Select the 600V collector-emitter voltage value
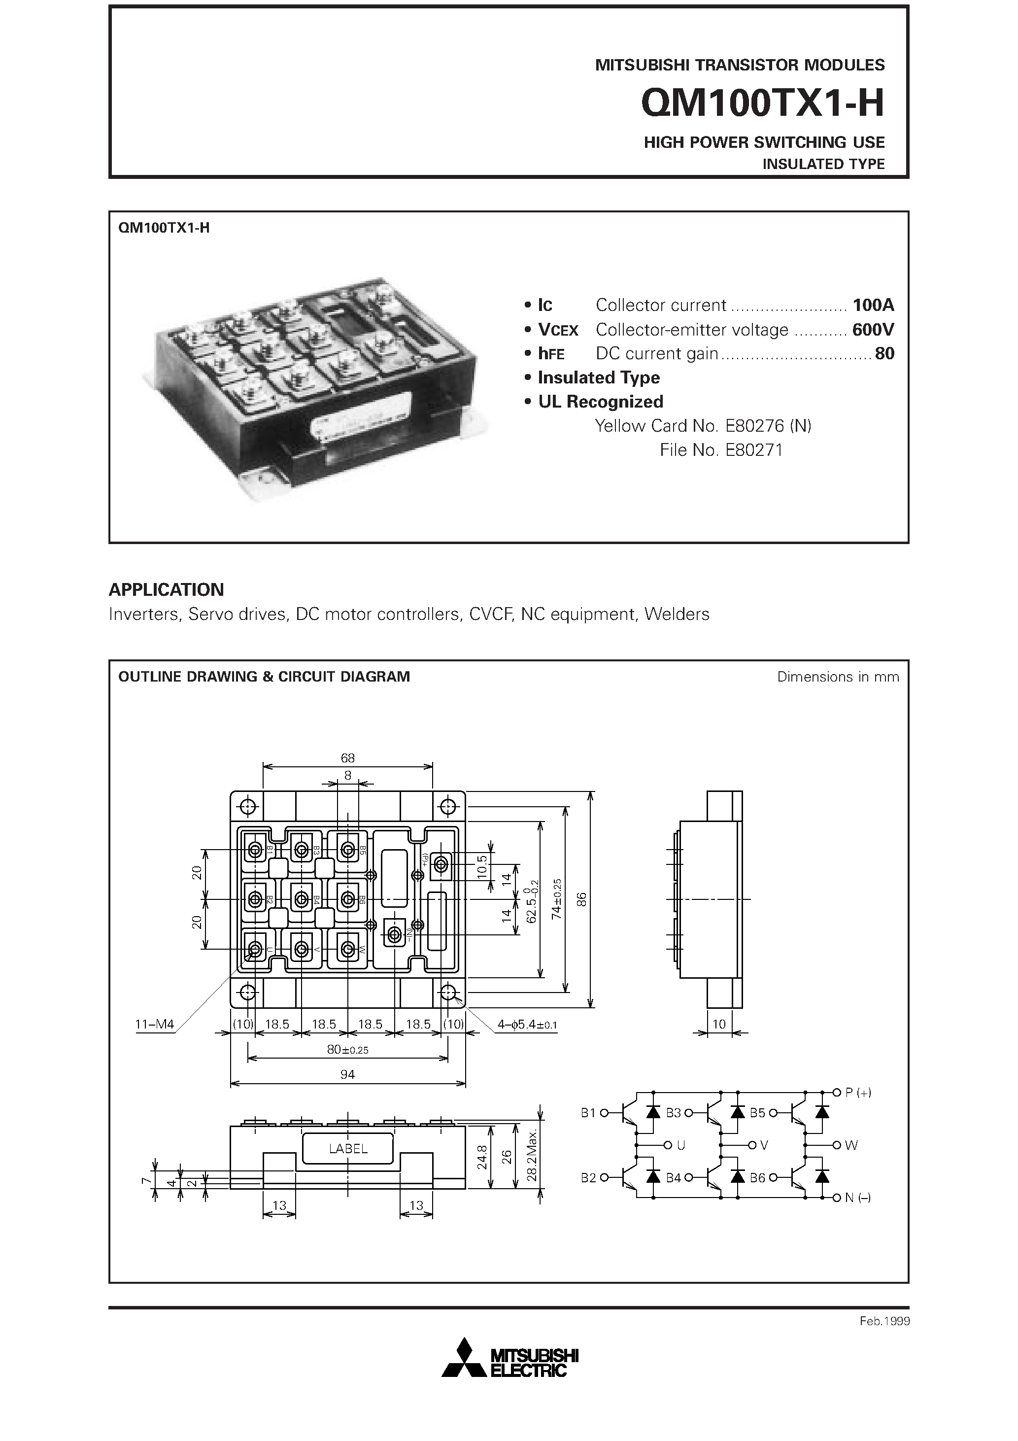coord(873,330)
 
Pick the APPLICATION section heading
coord(167,589)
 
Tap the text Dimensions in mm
coord(837,677)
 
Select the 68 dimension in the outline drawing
coord(348,758)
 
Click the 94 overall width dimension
coord(348,1074)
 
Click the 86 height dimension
coord(582,899)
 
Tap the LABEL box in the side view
coord(348,1149)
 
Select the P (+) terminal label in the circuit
coord(858,1093)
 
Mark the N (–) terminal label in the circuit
coord(857,1198)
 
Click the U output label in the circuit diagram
coord(680,1145)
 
